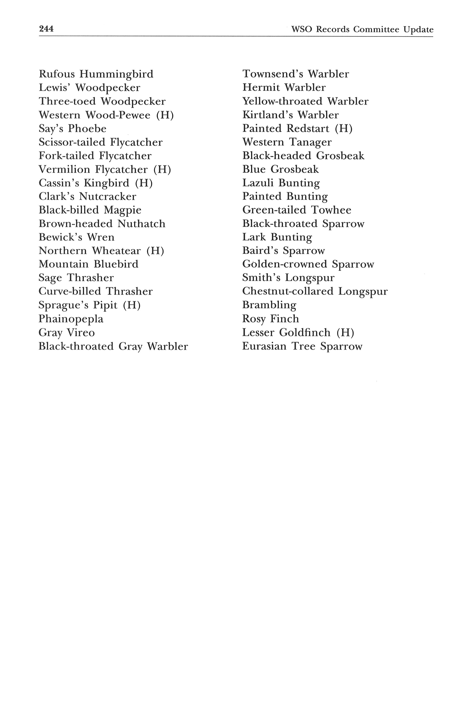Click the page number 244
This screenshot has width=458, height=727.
point(46,29)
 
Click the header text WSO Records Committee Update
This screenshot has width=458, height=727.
point(362,30)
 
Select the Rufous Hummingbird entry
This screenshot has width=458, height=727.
point(96,74)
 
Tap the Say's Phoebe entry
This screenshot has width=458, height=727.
point(73,129)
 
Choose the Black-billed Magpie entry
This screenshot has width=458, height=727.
point(90,210)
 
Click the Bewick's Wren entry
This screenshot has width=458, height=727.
point(76,237)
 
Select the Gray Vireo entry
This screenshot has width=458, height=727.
point(66,333)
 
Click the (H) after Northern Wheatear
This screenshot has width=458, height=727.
point(155,251)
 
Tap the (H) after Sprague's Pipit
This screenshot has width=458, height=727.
point(132,305)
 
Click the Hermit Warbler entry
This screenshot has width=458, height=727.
point(284,88)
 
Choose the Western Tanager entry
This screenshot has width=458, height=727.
point(287,142)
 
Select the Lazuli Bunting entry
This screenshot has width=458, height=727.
point(281,183)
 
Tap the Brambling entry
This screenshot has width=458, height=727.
point(269,305)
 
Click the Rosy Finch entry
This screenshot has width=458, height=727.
point(271,319)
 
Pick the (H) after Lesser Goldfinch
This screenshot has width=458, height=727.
point(345,333)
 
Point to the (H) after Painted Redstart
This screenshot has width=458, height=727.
point(344,129)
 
